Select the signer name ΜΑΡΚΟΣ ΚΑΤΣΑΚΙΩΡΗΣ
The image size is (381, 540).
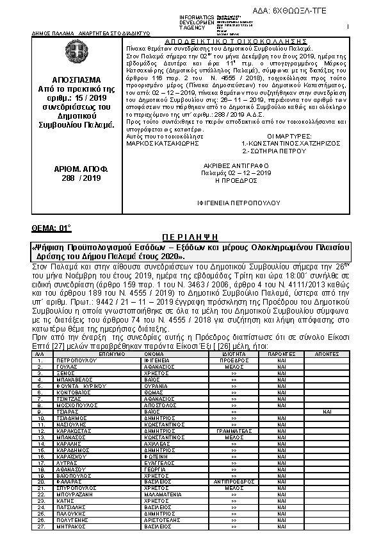pos(158,144)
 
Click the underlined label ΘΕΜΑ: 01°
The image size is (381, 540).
pos(51,228)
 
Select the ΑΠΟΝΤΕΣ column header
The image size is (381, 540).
pos(327,353)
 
